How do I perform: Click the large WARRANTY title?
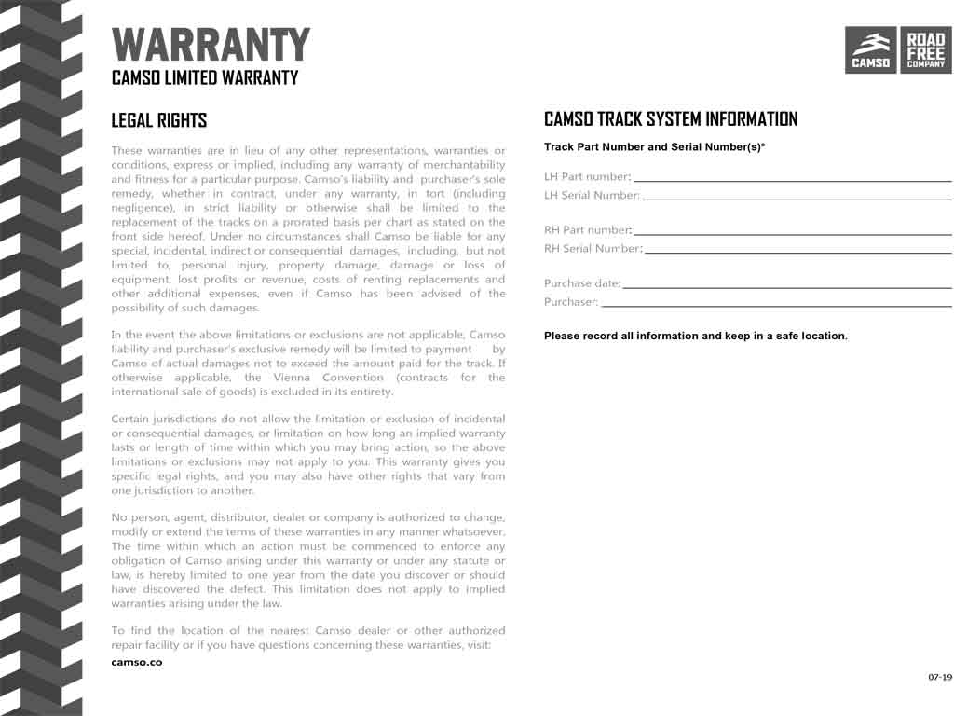click(211, 45)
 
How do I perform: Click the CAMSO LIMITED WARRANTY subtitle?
click(205, 78)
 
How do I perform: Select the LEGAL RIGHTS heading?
click(159, 120)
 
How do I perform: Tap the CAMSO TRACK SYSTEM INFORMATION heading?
click(671, 119)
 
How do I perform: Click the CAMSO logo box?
click(871, 50)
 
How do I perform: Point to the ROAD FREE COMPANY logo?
click(925, 50)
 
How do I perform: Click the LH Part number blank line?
click(792, 179)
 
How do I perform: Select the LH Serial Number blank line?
click(797, 198)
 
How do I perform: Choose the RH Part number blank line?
click(792, 233)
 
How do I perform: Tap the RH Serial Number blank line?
click(797, 252)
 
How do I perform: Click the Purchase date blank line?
click(787, 286)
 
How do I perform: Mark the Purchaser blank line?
click(776, 305)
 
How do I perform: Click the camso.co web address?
click(136, 662)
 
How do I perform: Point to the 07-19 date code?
click(939, 676)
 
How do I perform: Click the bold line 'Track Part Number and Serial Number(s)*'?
click(654, 147)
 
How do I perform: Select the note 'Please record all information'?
click(695, 336)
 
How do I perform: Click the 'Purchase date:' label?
click(582, 283)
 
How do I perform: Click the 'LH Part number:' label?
click(587, 177)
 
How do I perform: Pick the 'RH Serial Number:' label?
click(593, 249)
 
